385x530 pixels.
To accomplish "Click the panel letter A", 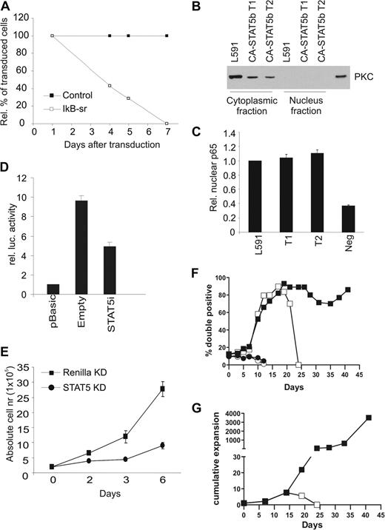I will pyautogui.click(x=6, y=7).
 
